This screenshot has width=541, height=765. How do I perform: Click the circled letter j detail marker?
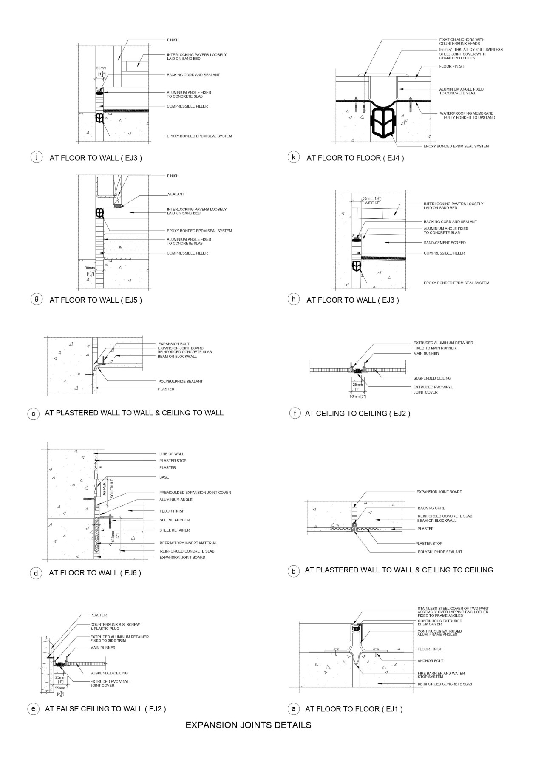pos(37,157)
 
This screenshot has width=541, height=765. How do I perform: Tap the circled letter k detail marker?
pos(293,157)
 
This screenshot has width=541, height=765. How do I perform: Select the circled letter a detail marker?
pos(293,708)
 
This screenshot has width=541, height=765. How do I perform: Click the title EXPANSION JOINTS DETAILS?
pos(248,725)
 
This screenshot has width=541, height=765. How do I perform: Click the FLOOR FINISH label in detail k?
pos(451,66)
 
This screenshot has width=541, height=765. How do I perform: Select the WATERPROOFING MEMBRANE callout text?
pos(467,115)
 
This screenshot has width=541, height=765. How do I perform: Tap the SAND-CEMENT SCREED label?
pos(445,243)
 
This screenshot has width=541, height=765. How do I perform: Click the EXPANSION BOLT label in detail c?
pos(173,344)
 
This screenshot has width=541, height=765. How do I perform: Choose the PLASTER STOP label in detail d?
pos(173,461)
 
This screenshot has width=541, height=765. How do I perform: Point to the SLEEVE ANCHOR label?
pos(175,520)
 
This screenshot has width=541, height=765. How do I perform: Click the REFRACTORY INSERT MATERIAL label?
pos(188,543)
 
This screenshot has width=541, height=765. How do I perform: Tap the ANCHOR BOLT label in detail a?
pos(430,661)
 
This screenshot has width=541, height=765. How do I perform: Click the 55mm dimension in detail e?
pos(60,688)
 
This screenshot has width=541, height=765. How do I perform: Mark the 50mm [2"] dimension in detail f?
pos(357,396)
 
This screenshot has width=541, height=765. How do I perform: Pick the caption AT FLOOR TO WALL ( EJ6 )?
pos(95,573)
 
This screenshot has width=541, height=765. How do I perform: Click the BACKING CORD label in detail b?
pos(431,508)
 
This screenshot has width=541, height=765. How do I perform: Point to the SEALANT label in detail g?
pos(176,194)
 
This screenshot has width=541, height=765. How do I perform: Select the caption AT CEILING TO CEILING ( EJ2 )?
pos(357,413)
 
